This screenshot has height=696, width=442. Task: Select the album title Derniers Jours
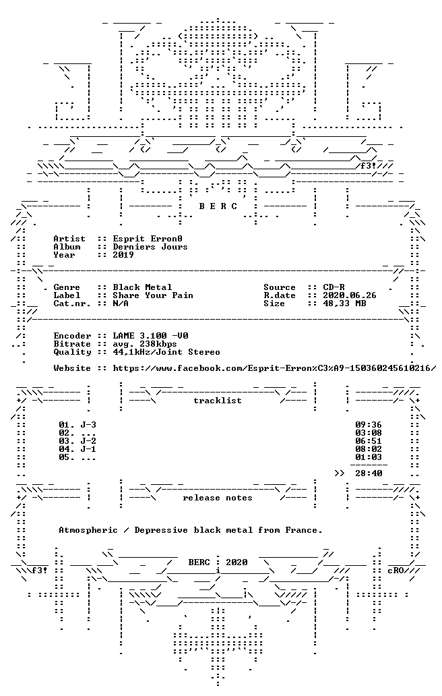click(150, 247)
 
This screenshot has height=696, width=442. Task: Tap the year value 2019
click(123, 255)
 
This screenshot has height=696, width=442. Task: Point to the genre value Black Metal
click(142, 287)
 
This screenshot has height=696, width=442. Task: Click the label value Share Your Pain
click(153, 295)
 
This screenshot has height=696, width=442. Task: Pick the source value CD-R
click(334, 287)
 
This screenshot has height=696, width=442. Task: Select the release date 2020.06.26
click(350, 295)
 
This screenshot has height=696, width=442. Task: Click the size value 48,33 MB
click(344, 303)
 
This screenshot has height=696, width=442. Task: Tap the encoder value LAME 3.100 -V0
click(150, 336)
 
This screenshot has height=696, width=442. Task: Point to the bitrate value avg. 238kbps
click(145, 344)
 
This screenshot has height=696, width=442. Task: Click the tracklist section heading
click(218, 401)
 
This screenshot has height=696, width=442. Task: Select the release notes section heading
click(218, 498)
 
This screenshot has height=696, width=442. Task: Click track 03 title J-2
click(88, 441)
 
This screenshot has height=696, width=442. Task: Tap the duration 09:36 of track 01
click(369, 425)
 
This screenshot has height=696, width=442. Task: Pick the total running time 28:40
click(369, 473)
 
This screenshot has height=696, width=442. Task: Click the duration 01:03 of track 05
click(369, 457)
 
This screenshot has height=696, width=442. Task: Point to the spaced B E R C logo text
click(218, 206)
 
